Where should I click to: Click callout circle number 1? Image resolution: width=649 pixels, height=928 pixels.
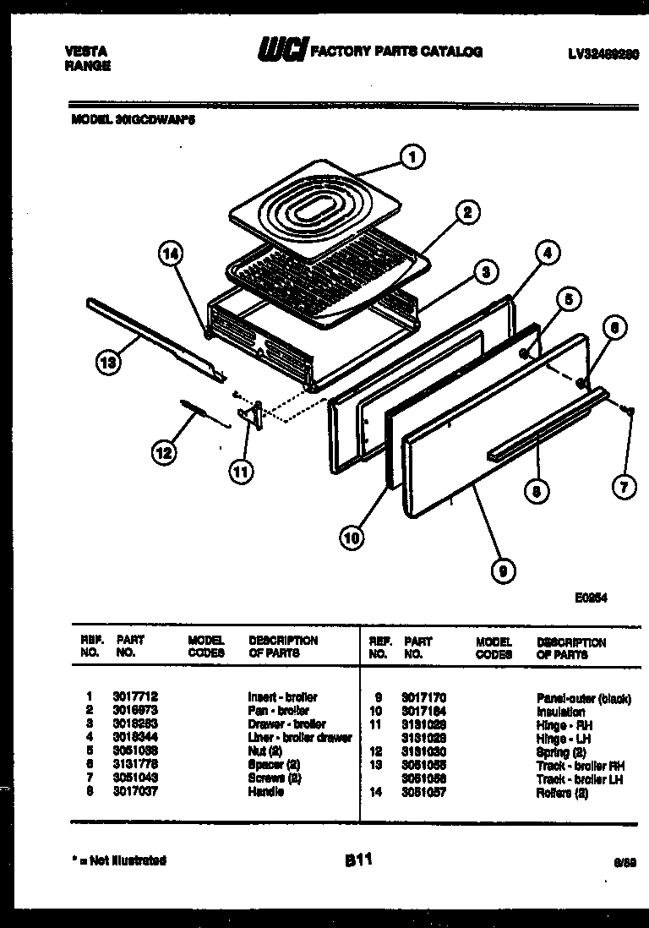[412, 156]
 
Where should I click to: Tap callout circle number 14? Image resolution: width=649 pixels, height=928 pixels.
[172, 254]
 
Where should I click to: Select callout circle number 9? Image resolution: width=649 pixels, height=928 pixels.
[503, 572]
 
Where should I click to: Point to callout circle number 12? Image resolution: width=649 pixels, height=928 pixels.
[164, 453]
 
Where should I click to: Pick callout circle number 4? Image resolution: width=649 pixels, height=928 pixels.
[547, 251]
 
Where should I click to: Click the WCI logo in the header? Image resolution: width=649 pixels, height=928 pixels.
[283, 52]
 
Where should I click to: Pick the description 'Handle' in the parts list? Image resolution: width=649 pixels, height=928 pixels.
[265, 791]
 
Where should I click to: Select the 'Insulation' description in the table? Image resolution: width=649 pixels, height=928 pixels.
[560, 712]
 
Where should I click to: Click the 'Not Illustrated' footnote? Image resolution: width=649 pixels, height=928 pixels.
[119, 860]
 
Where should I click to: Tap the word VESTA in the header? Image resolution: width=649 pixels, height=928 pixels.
[85, 52]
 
